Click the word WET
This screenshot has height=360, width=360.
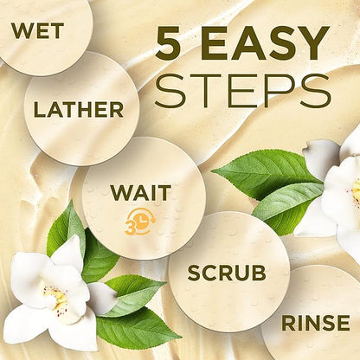[37, 31]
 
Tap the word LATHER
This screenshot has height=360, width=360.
[79, 110]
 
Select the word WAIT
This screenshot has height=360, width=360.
[141, 193]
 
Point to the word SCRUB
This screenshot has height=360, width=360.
[227, 273]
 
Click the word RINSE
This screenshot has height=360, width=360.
[316, 323]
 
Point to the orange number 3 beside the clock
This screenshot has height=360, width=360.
[130, 228]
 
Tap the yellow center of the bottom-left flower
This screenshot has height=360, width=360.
[59, 298]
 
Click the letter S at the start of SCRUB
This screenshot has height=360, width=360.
[195, 273]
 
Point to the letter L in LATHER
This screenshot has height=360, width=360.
[40, 110]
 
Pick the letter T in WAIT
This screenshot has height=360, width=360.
[164, 193]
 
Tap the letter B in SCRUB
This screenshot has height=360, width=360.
[259, 273]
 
